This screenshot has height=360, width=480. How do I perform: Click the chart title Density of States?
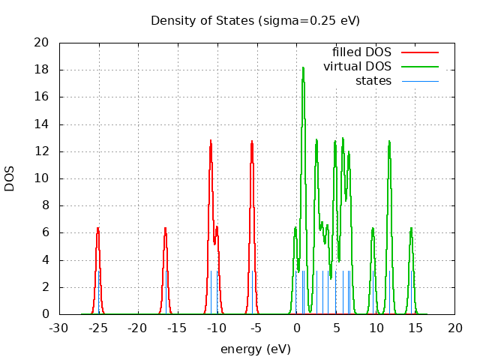pyautogui.click(x=255, y=20)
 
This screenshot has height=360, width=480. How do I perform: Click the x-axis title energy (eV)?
pyautogui.click(x=255, y=349)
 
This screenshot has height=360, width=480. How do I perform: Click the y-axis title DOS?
pyautogui.click(x=10, y=178)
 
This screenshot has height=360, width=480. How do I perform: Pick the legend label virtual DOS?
pyautogui.click(x=357, y=66)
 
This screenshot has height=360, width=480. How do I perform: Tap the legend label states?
pyautogui.click(x=373, y=80)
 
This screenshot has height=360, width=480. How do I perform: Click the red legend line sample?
pyautogui.click(x=419, y=52)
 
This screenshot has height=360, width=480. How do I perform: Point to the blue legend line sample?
pyautogui.click(x=419, y=80)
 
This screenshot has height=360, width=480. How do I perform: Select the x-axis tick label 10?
pyautogui.click(x=376, y=328)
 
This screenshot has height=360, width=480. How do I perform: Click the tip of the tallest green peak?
pyautogui.click(x=303, y=67)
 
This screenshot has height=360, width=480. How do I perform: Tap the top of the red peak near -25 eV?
pyautogui.click(x=97, y=227)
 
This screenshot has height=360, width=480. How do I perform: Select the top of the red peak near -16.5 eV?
pyautogui.click(x=165, y=227)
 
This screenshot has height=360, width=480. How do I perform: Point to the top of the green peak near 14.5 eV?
pyautogui.click(x=411, y=227)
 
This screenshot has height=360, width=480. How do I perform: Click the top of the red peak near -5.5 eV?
pyautogui.click(x=252, y=141)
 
